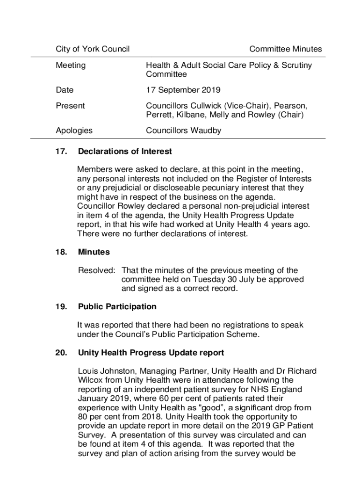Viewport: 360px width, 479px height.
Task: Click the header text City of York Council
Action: pyautogui.click(x=93, y=49)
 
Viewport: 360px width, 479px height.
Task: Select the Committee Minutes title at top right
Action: pyautogui.click(x=285, y=49)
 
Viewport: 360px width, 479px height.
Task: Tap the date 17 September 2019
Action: pyautogui.click(x=183, y=90)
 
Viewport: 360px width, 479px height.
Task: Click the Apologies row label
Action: pyautogui.click(x=74, y=131)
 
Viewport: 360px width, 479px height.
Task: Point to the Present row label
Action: pyautogui.click(x=70, y=106)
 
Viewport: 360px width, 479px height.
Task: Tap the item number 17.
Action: pyautogui.click(x=62, y=152)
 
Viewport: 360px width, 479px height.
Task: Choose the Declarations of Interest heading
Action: pyautogui.click(x=125, y=152)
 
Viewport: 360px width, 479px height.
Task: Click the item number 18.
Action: pyautogui.click(x=62, y=252)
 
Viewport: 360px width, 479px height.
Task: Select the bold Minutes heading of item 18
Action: pyautogui.click(x=94, y=252)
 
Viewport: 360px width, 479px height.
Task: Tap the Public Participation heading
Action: pyautogui.click(x=117, y=307)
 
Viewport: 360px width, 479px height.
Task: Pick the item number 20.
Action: pyautogui.click(x=62, y=353)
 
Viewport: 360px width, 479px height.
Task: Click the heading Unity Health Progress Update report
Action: pyautogui.click(x=151, y=353)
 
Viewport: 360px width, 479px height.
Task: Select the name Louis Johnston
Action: pyautogui.click(x=105, y=371)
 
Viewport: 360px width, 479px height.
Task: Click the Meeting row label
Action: pyautogui.click(x=71, y=65)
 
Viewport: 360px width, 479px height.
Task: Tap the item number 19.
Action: pyautogui.click(x=62, y=307)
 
